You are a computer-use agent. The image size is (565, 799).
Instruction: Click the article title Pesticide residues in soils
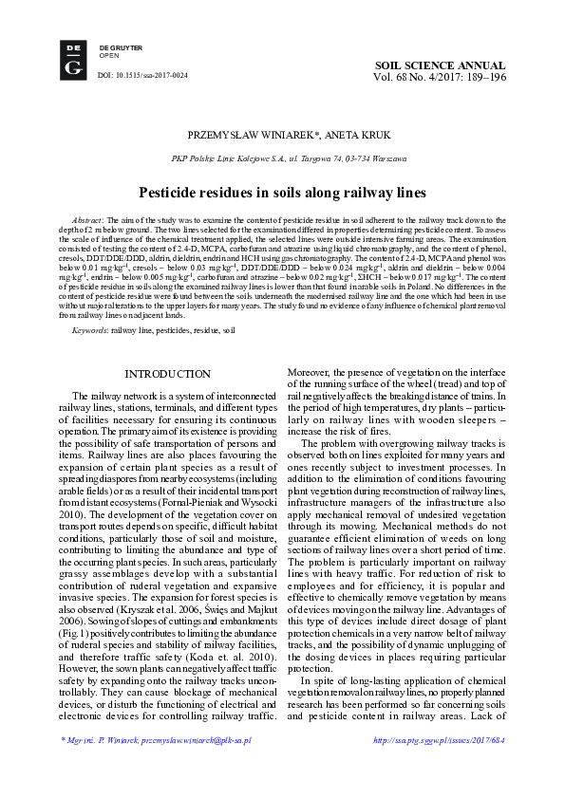point(282,193)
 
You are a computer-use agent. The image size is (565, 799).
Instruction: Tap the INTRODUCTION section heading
point(168,375)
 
